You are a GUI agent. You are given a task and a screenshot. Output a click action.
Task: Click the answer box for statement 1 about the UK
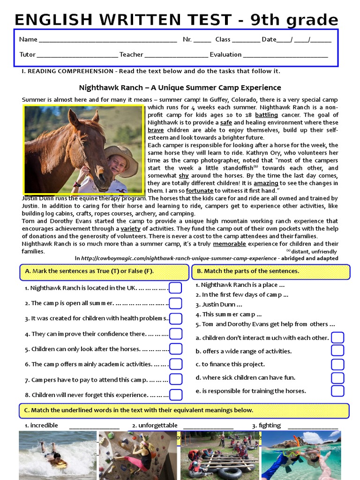point(175,288)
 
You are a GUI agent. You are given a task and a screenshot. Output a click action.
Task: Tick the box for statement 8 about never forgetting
point(175,395)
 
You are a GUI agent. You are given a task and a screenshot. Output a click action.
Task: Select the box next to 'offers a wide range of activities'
point(337,351)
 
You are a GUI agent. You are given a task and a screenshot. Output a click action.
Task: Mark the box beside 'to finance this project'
point(337,364)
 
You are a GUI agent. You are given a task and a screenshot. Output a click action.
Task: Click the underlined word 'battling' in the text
point(266,115)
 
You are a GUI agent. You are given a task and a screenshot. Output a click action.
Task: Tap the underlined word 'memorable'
point(229,244)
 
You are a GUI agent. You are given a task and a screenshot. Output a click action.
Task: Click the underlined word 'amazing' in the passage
point(266,183)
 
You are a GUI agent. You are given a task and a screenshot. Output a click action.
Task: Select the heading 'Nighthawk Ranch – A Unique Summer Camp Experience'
point(180,88)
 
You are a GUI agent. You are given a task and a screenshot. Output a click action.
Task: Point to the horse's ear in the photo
point(74,117)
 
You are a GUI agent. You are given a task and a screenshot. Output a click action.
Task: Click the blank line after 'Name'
point(108,40)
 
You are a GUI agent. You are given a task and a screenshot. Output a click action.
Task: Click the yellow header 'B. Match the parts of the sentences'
point(270,271)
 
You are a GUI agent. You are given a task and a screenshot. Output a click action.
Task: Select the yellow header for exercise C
point(184,410)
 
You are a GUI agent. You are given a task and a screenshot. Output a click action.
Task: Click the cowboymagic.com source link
point(179,258)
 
